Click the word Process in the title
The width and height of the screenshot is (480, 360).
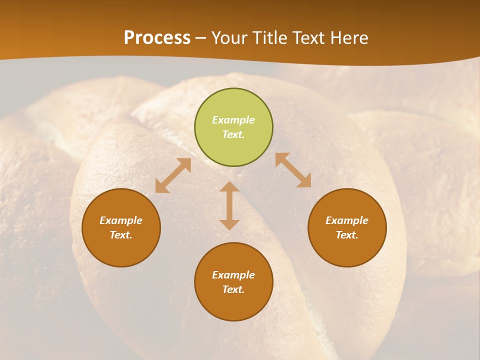pyautogui.click(x=157, y=38)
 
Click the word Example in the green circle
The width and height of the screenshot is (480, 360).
pyautogui.click(x=233, y=120)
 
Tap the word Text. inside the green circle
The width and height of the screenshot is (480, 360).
pyautogui.click(x=233, y=134)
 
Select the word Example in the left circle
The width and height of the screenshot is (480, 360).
pyautogui.click(x=121, y=220)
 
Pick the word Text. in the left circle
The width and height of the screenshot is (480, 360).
pyautogui.click(x=121, y=235)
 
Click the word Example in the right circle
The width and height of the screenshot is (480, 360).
pyautogui.click(x=347, y=220)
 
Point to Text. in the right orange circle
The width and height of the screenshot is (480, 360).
pyautogui.click(x=347, y=235)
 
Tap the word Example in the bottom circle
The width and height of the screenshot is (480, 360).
pyautogui.click(x=233, y=275)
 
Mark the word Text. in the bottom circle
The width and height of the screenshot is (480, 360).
pyautogui.click(x=233, y=289)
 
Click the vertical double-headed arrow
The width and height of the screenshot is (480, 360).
pyautogui.click(x=229, y=205)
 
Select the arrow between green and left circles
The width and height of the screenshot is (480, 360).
pyautogui.click(x=173, y=175)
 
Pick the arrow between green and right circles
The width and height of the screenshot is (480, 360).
pyautogui.click(x=293, y=170)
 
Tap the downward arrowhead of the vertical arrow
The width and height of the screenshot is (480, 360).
pyautogui.click(x=229, y=224)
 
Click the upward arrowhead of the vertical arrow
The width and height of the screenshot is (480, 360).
pyautogui.click(x=229, y=187)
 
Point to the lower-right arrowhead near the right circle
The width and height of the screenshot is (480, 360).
pyautogui.click(x=304, y=181)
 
